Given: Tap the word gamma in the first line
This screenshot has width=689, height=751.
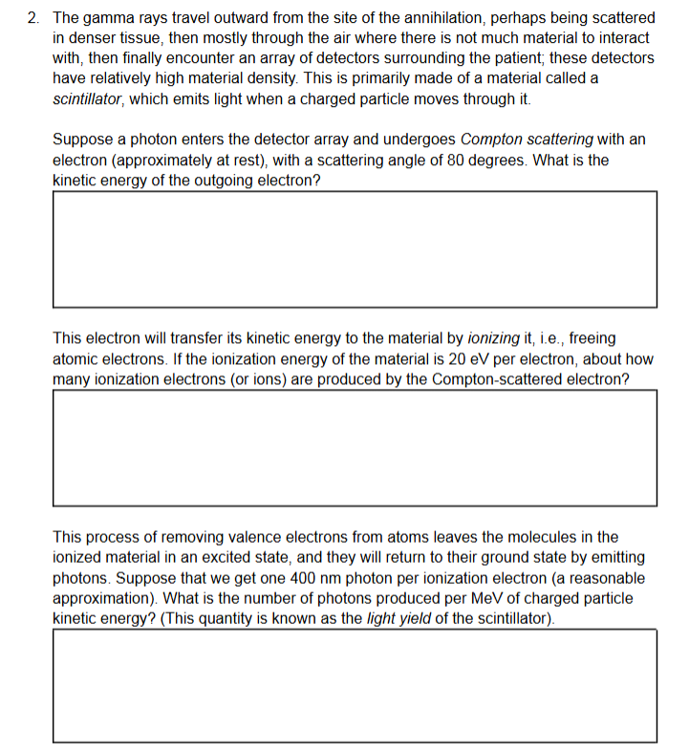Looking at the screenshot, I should point(108,18).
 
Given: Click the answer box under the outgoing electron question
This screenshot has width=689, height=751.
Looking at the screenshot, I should point(355,248).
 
